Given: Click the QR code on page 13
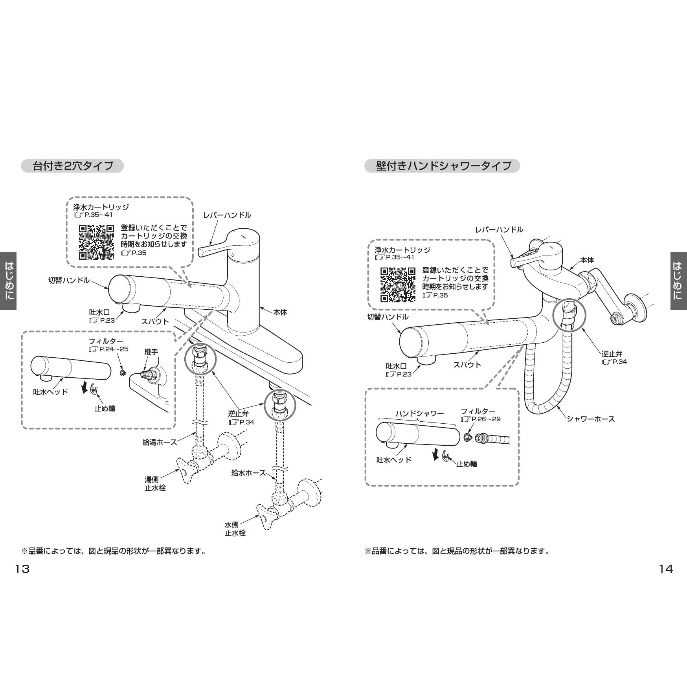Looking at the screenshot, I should point(96,242).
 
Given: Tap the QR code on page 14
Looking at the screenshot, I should point(398,285).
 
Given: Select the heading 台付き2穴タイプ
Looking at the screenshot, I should point(72,166).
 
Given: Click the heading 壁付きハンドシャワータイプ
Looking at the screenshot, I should point(443,166).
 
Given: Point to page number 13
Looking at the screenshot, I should point(22,569).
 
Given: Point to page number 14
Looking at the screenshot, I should point(666,569).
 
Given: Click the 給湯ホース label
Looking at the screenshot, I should point(160,442).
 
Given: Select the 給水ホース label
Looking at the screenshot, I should point(248,473).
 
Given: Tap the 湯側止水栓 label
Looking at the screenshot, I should point(155,484).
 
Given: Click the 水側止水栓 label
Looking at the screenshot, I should point(235,529).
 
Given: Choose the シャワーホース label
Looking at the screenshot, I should point(590,419).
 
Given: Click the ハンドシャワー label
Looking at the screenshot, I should point(419,413).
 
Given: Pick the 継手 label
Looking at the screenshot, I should point(151,352).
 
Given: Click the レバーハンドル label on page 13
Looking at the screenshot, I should point(227,215).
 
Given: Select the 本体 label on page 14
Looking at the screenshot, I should point(587,260).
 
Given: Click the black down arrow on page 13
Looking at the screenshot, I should point(84,388).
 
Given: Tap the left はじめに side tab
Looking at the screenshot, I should point(8,280).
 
